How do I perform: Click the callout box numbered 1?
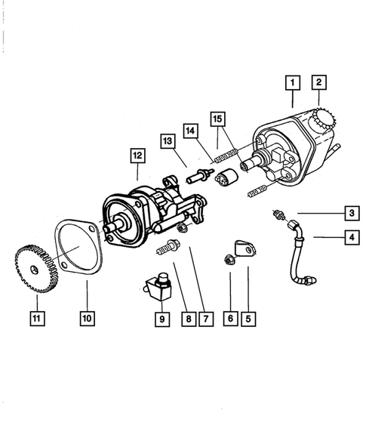click(293, 80)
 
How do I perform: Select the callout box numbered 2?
click(319, 80)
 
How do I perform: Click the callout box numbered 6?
click(230, 319)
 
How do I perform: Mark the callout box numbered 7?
click(202, 319)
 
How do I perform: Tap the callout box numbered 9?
click(160, 319)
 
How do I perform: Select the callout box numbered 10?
click(87, 319)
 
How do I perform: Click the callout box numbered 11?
click(35, 319)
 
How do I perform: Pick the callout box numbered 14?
click(192, 129)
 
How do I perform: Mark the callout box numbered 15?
click(217, 119)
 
